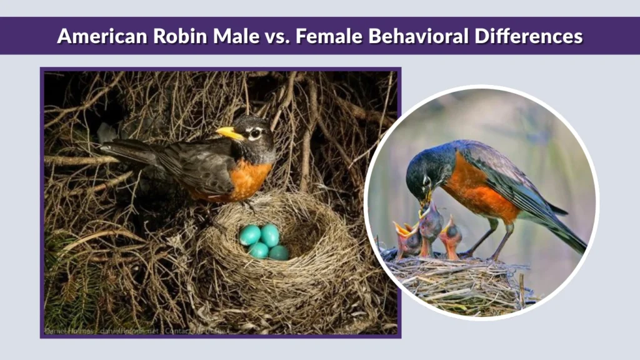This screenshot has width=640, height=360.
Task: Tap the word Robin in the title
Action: [x=169, y=36]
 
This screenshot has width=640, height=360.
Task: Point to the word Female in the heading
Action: [x=326, y=36]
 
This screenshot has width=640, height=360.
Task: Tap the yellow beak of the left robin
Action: [x=229, y=133]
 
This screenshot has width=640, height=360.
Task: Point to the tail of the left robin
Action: [x=119, y=148]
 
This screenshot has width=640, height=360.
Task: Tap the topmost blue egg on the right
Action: [x=270, y=234]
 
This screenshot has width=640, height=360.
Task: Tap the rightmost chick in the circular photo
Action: [x=451, y=236]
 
